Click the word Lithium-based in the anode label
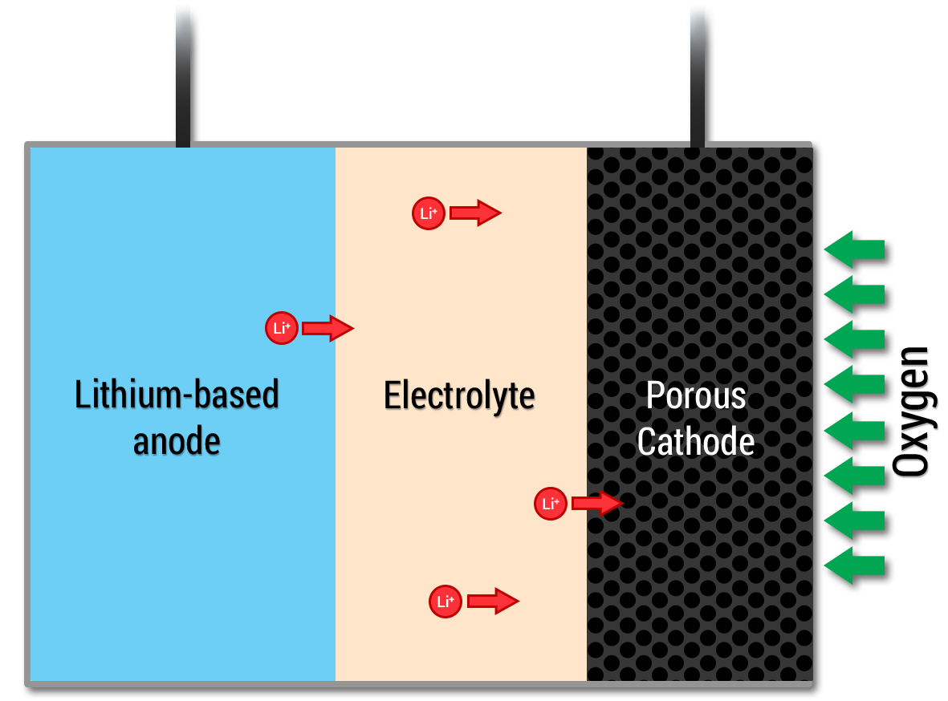(x=177, y=395)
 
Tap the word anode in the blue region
(x=177, y=441)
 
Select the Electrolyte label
(x=459, y=396)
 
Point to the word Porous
(x=696, y=396)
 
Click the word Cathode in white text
(x=696, y=442)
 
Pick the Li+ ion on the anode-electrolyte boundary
(x=282, y=328)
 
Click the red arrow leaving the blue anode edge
(x=328, y=328)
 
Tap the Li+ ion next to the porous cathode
(x=551, y=504)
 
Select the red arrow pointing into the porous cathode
(x=597, y=504)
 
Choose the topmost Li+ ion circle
(x=429, y=213)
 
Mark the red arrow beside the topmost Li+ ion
(x=475, y=213)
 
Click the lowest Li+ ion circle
(x=446, y=602)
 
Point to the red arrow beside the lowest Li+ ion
(x=493, y=602)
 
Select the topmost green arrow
(x=854, y=249)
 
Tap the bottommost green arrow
(x=854, y=565)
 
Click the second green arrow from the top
(x=854, y=294)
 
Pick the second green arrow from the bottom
(x=854, y=521)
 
